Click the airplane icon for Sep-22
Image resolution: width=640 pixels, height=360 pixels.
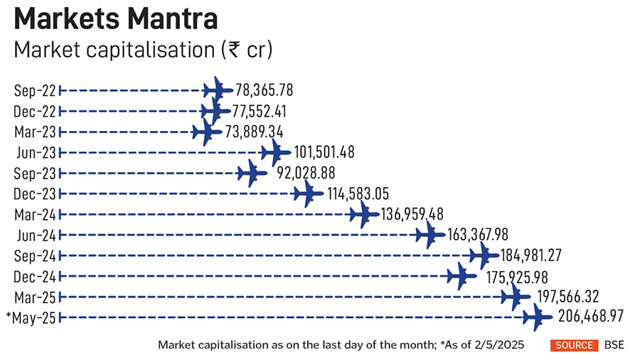tap(217, 90)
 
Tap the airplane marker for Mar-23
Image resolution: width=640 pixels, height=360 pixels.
tap(206, 132)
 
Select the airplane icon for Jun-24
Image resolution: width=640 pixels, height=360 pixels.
tap(430, 234)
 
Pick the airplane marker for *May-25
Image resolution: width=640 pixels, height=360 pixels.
tap(537, 317)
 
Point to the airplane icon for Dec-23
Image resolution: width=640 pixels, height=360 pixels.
tap(307, 193)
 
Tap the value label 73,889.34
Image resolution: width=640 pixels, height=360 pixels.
tap(253, 132)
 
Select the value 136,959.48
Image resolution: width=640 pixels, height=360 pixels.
tap(410, 213)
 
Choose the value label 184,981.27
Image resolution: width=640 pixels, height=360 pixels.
tap(532, 255)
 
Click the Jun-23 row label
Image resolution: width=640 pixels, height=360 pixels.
tap(36, 152)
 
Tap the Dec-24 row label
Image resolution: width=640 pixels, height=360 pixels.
tap(36, 276)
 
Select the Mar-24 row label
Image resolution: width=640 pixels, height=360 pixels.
tap(36, 214)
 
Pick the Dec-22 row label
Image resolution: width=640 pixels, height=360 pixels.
tap(36, 111)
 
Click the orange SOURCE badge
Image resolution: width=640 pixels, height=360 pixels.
tap(574, 345)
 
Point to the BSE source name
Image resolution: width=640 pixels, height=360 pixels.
tap(614, 345)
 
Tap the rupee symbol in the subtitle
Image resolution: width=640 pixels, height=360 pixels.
tap(230, 51)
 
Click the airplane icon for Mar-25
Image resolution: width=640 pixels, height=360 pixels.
tap(515, 297)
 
